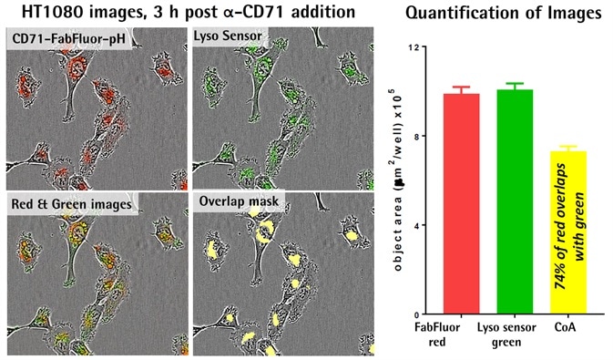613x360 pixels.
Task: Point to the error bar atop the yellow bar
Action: click(x=575, y=148)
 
